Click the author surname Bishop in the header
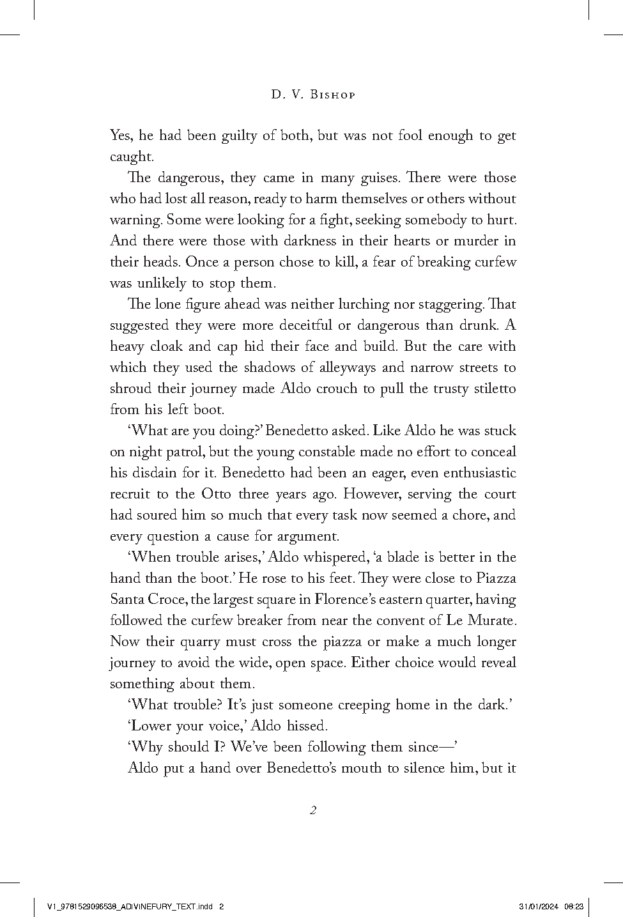(331, 95)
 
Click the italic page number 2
(312, 811)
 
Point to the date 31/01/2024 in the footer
(539, 906)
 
